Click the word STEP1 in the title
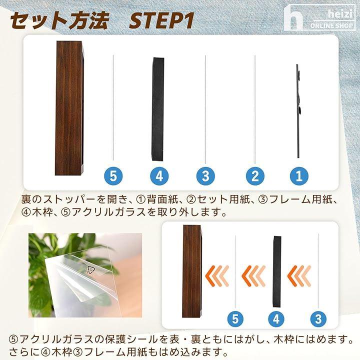pos(161,21)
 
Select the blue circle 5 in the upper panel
pos(113,176)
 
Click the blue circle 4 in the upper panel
pos(159,176)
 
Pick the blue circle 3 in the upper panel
pos(205,176)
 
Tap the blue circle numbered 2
pos(255,176)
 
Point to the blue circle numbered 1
pos(299,176)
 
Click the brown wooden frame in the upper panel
pos(69,108)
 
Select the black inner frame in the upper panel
pos(158,109)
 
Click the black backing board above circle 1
pos(298,111)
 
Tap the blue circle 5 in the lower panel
pos(235,319)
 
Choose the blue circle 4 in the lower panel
pos(276,319)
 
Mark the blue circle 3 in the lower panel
pos(318,319)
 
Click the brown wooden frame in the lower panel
pos(192,271)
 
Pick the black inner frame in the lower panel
pos(277,271)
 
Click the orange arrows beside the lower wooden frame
pos(217,275)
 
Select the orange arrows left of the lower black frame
pos(253,275)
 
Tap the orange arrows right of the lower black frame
pos(299,275)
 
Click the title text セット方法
pos(59,21)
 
